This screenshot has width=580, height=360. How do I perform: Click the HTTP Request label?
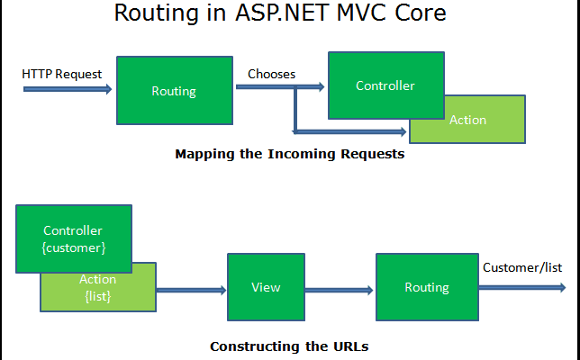[x=62, y=74]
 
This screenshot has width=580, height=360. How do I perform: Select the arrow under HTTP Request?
[x=68, y=89]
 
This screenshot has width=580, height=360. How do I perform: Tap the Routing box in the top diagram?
[x=174, y=91]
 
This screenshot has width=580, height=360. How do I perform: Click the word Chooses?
[x=271, y=74]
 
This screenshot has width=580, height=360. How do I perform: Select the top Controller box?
[x=385, y=85]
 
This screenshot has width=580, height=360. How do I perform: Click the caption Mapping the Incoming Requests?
[x=289, y=154]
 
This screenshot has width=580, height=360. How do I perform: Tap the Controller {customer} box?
[x=74, y=238]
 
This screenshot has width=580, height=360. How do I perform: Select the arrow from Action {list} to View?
[x=191, y=290]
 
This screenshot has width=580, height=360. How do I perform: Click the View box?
[x=266, y=287]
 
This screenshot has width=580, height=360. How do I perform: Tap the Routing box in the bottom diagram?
[x=427, y=287]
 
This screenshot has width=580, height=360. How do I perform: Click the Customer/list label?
[x=522, y=267]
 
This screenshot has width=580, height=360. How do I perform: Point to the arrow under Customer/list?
[x=522, y=287]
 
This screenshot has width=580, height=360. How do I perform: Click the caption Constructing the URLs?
[x=289, y=346]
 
